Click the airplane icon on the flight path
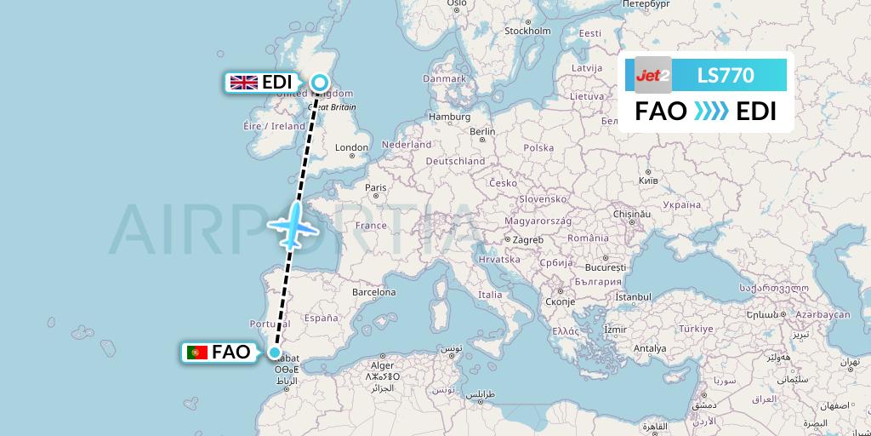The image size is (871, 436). click(x=293, y=227)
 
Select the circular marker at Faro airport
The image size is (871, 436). click(x=275, y=352)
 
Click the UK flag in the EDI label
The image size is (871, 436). click(x=244, y=83)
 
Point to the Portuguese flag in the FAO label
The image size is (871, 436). click(x=197, y=352)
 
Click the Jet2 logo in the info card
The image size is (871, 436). click(x=653, y=75)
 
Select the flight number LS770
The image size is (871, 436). click(x=726, y=75)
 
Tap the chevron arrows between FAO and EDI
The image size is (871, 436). click(x=711, y=112)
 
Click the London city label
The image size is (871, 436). click(x=351, y=147)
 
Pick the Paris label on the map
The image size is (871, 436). click(x=375, y=187)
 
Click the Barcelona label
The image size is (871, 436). click(x=374, y=292)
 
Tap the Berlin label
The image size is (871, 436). click(x=482, y=131)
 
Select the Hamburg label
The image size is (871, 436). click(x=450, y=117)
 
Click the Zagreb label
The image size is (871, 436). click(x=527, y=240)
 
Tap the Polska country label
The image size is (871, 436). click(x=538, y=147)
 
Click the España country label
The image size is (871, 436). click(x=321, y=318)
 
